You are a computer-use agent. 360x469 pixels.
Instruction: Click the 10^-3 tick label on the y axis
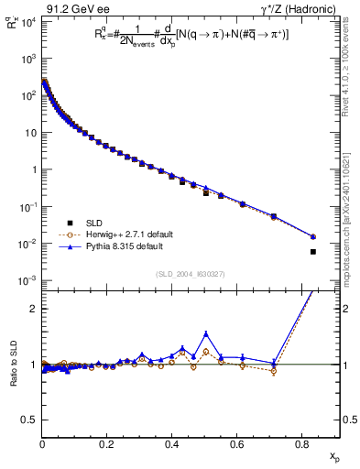click(x=27, y=280)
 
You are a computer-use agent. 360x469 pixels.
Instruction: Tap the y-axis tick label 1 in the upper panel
click(x=33, y=169)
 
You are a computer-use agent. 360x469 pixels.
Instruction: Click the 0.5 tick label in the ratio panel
click(x=27, y=420)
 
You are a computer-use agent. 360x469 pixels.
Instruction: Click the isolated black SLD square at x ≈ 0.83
click(x=313, y=252)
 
